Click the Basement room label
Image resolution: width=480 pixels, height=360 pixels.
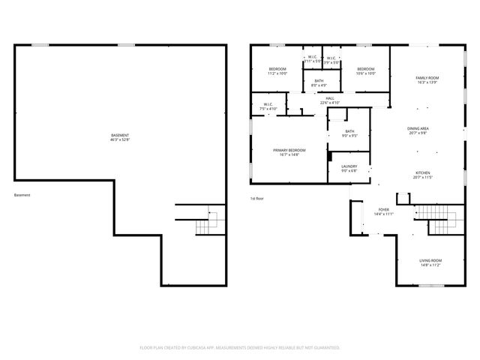coord(120,136)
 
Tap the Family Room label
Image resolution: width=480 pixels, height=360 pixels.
coord(428,78)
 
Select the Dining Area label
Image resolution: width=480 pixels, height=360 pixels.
coord(418,128)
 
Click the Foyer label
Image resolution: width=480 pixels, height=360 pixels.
coord(383,209)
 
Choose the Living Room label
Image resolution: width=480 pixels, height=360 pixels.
coord(430,260)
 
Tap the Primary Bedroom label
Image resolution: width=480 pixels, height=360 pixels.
coord(289,150)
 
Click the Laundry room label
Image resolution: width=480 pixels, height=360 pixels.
coord(349,166)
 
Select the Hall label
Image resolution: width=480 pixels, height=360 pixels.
coord(329,97)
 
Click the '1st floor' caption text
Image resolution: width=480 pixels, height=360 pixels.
coord(257,198)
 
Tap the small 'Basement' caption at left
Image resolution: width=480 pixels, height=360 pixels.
coord(22,195)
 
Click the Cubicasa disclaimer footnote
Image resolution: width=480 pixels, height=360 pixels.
coord(240,347)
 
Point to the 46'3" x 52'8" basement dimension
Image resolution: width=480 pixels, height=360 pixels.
coord(120,139)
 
